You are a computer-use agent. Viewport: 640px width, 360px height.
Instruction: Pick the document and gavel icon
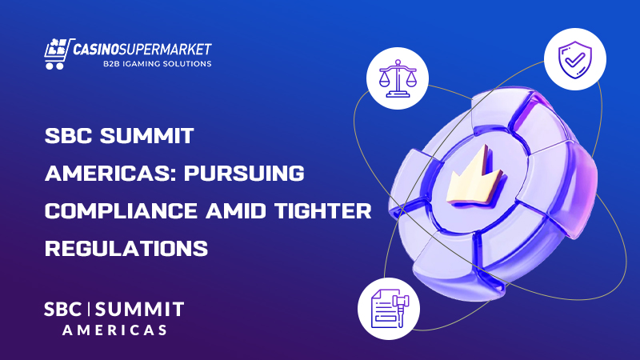click(x=385, y=306)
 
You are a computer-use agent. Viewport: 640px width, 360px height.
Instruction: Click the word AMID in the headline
click(x=223, y=210)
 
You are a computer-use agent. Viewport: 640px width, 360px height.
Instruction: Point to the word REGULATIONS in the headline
click(x=126, y=247)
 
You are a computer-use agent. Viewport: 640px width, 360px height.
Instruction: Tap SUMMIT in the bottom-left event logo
click(x=143, y=309)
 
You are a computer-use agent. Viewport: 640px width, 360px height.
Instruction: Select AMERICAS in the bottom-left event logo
click(x=114, y=330)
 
